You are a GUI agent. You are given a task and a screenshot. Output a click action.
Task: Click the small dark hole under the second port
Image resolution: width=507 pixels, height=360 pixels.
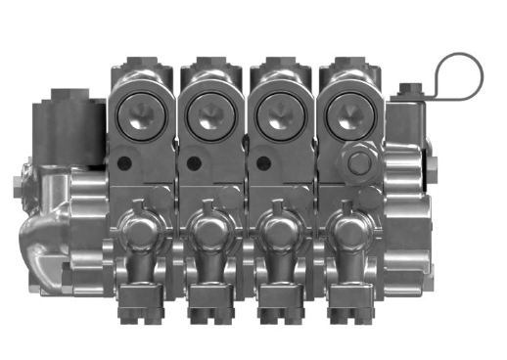[x=194, y=162]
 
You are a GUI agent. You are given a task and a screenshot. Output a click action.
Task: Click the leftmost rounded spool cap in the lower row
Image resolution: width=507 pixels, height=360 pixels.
[x=141, y=233]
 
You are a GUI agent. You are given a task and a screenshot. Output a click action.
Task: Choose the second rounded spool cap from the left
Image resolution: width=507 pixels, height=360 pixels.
[x=209, y=233]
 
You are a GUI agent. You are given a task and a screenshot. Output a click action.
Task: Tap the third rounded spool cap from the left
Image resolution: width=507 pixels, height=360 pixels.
[x=278, y=233]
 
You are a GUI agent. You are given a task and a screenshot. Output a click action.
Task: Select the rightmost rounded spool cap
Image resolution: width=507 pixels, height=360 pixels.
[x=346, y=233]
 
